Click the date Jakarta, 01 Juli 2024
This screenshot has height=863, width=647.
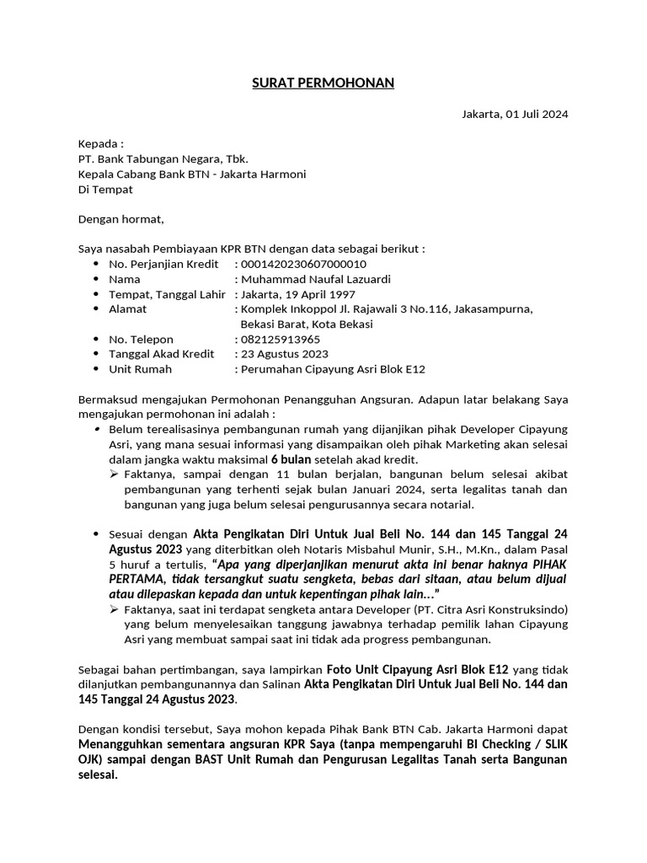[x=515, y=115]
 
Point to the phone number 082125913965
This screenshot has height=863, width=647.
[x=281, y=339]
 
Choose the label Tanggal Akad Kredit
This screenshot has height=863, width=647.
[x=161, y=354]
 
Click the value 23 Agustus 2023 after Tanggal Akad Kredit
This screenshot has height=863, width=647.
[x=285, y=354]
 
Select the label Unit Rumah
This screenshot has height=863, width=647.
[x=140, y=369]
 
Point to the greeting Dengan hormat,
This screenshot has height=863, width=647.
[x=120, y=219]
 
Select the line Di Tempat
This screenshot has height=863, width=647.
[x=105, y=190]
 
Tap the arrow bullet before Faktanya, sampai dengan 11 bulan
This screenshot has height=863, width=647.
[x=115, y=475]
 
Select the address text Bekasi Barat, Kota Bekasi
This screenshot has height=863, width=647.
[x=307, y=324]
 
